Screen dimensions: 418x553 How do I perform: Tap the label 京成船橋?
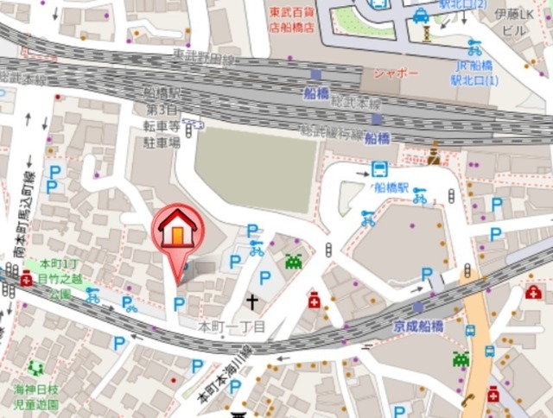point(418,326)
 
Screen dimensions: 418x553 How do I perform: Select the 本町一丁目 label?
point(232,327)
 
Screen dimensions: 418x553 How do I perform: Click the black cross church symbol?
point(252,301)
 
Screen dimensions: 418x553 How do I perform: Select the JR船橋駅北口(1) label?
point(474,74)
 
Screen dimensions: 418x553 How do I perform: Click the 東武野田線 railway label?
point(204,59)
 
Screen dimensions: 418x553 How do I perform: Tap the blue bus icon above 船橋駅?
point(379,168)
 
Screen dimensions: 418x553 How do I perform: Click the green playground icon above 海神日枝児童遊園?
point(35,368)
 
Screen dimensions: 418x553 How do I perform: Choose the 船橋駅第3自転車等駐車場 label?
point(162,117)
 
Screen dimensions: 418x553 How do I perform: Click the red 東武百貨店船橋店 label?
point(291,19)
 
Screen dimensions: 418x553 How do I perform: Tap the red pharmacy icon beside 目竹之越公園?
point(27,279)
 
